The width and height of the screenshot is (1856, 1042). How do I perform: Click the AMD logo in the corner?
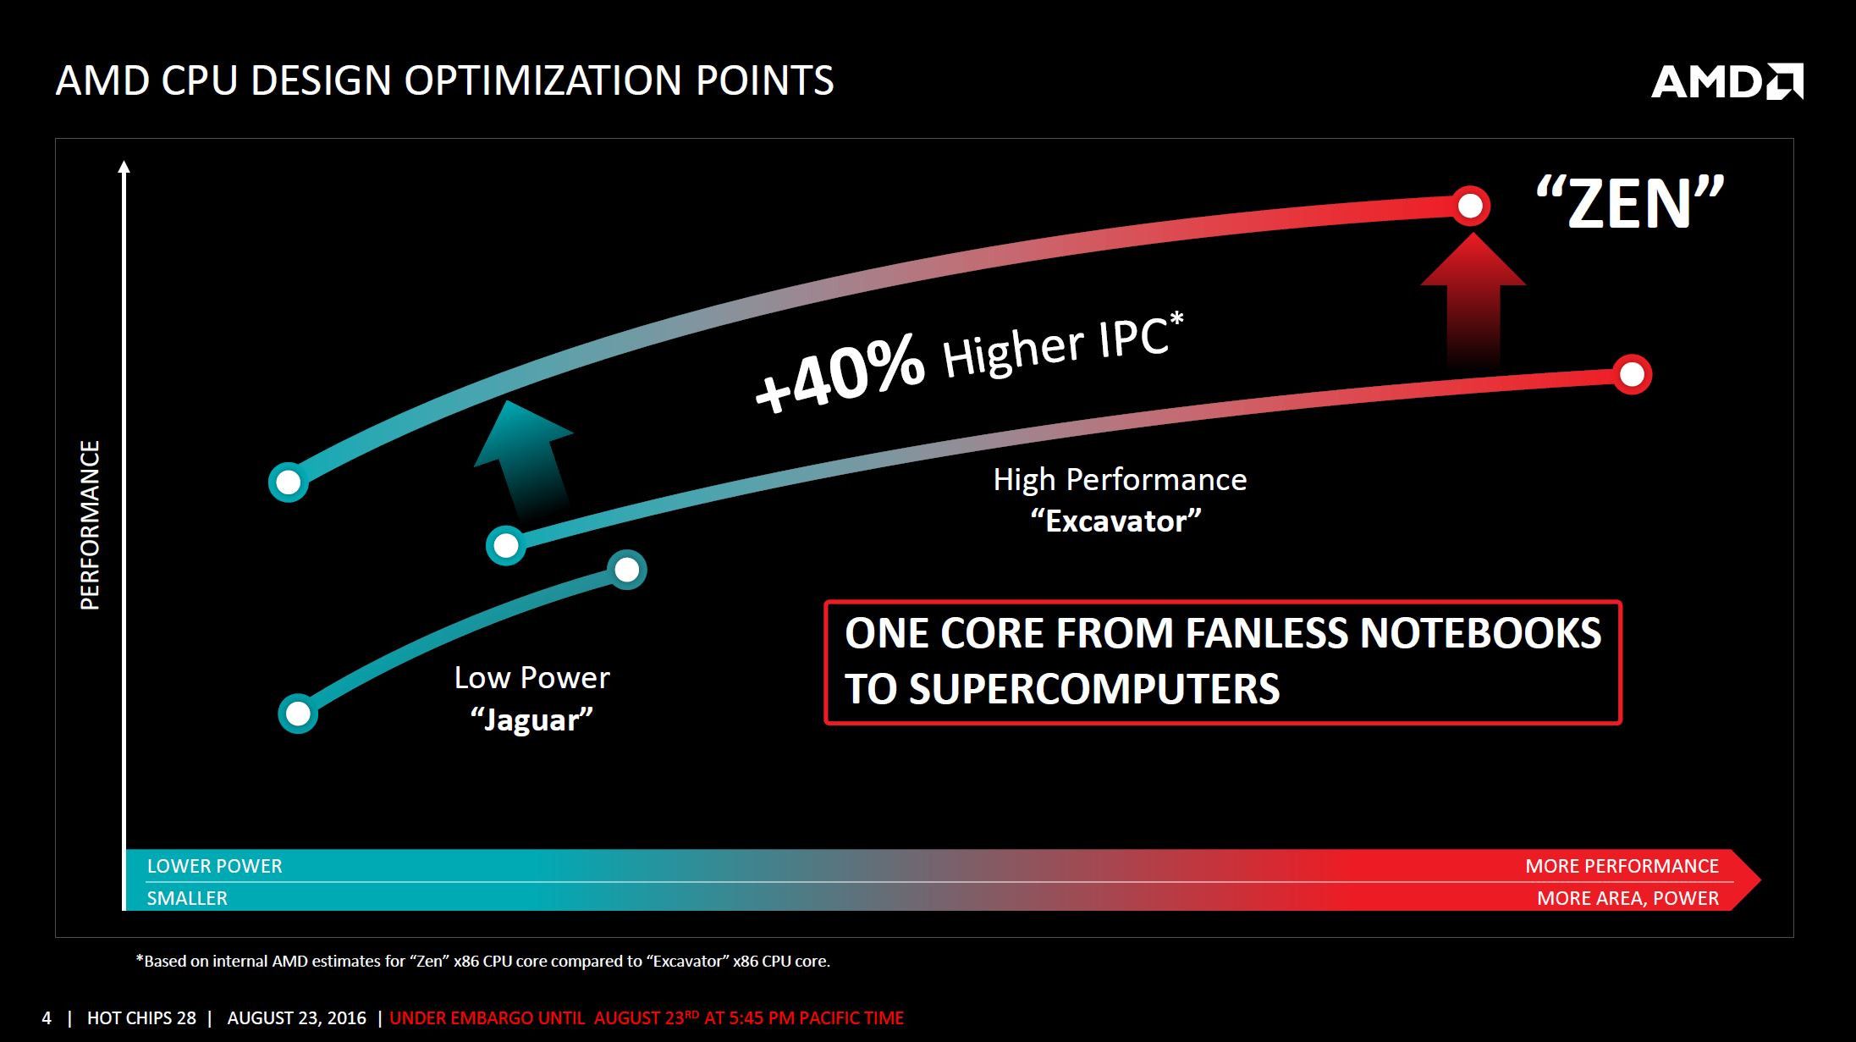pyautogui.click(x=1727, y=81)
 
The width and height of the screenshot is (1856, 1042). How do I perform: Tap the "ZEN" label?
pyautogui.click(x=1629, y=203)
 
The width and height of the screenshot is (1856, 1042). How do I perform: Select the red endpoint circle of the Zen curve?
pyautogui.click(x=1470, y=206)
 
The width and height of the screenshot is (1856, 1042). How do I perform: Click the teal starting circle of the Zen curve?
pyautogui.click(x=289, y=482)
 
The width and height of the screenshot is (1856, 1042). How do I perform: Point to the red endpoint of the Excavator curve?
pyautogui.click(x=1632, y=374)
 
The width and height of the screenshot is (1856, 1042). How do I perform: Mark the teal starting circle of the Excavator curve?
pyautogui.click(x=506, y=545)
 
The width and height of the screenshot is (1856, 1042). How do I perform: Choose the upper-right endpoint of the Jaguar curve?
pyautogui.click(x=627, y=570)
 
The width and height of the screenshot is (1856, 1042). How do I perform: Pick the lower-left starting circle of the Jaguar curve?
pyautogui.click(x=298, y=714)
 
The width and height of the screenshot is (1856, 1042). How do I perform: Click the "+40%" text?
pyautogui.click(x=839, y=372)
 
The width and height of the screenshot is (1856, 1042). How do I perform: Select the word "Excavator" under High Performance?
pyautogui.click(x=1115, y=521)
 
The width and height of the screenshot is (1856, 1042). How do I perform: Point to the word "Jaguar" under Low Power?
pyautogui.click(x=531, y=719)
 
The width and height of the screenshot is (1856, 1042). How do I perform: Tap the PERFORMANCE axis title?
pyautogui.click(x=90, y=525)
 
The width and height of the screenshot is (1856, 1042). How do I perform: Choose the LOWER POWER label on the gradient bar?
pyautogui.click(x=214, y=866)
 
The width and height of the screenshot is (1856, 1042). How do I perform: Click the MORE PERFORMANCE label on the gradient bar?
pyautogui.click(x=1622, y=866)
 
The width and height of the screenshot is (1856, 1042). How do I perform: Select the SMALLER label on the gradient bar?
pyautogui.click(x=187, y=898)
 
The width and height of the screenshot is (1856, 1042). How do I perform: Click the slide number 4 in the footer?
pyautogui.click(x=47, y=1017)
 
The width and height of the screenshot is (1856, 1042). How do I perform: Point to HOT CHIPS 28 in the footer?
pyautogui.click(x=141, y=1017)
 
